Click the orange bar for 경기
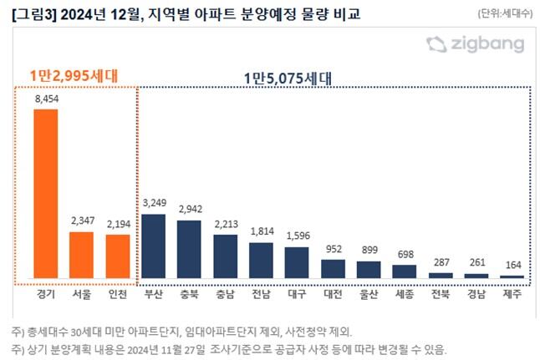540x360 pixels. point(46,194)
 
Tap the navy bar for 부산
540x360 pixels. point(153,246)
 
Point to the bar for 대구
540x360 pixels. point(297,262)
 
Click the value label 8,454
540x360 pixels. point(46,99)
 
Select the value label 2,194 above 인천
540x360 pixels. point(118,225)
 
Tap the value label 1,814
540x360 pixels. point(261,232)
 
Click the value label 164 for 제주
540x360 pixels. point(512,266)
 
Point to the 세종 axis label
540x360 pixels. point(405,295)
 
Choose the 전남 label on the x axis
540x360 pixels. point(261,295)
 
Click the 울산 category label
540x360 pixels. point(369,295)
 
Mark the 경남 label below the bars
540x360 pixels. point(476,295)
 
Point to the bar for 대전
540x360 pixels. point(333,268)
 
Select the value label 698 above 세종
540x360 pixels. point(405,254)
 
